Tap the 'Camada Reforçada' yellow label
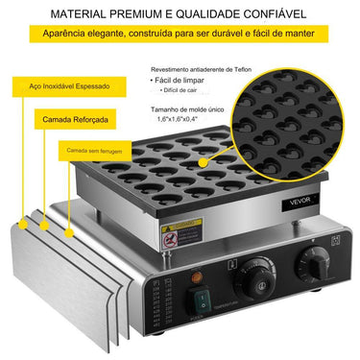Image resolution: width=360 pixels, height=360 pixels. [72, 120]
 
